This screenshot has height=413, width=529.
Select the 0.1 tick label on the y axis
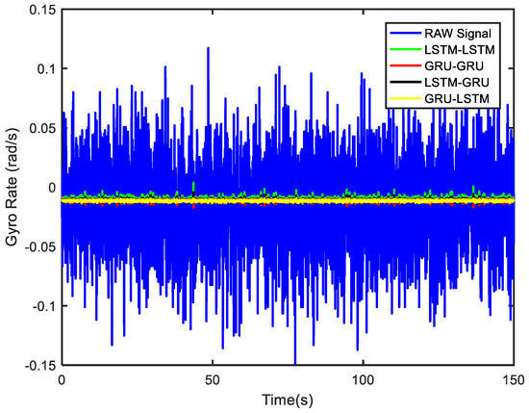coord(43,71)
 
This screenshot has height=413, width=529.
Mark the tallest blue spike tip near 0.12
coord(207,47)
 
